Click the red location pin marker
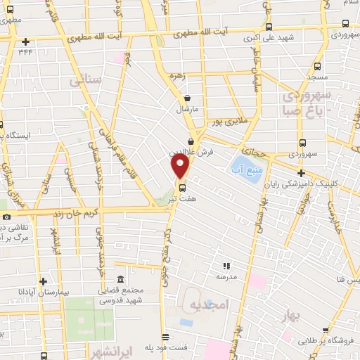(181, 167)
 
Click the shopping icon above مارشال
(187, 99)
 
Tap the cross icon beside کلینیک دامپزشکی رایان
(301, 173)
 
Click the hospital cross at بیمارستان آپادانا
(43, 281)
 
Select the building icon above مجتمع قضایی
(120, 280)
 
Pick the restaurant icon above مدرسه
(226, 266)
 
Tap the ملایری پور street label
(233, 122)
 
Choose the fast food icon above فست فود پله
(165, 337)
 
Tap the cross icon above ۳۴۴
(25, 41)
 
